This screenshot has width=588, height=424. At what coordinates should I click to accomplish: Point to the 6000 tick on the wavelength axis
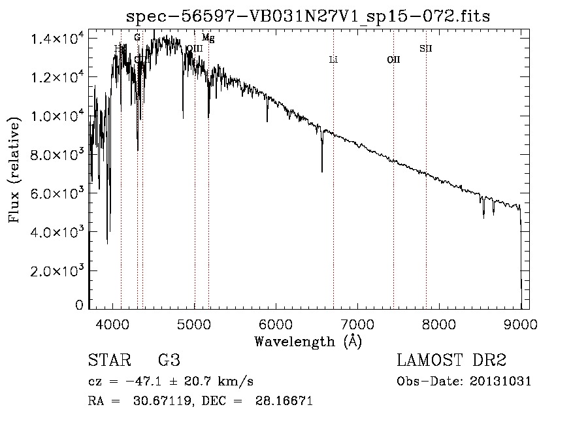tap(276, 323)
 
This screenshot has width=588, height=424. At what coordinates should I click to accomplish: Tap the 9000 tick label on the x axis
tap(521, 323)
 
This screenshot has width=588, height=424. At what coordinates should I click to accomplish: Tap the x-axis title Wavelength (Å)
tap(308, 341)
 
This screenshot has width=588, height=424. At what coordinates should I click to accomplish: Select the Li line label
tap(333, 60)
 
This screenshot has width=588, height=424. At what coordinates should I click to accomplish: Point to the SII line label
tap(426, 48)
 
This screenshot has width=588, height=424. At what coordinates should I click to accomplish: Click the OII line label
tap(393, 60)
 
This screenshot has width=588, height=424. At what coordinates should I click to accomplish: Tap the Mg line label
tap(208, 39)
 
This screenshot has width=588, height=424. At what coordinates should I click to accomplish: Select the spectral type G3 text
tap(169, 361)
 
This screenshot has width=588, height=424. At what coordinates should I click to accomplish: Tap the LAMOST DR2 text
tap(451, 361)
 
